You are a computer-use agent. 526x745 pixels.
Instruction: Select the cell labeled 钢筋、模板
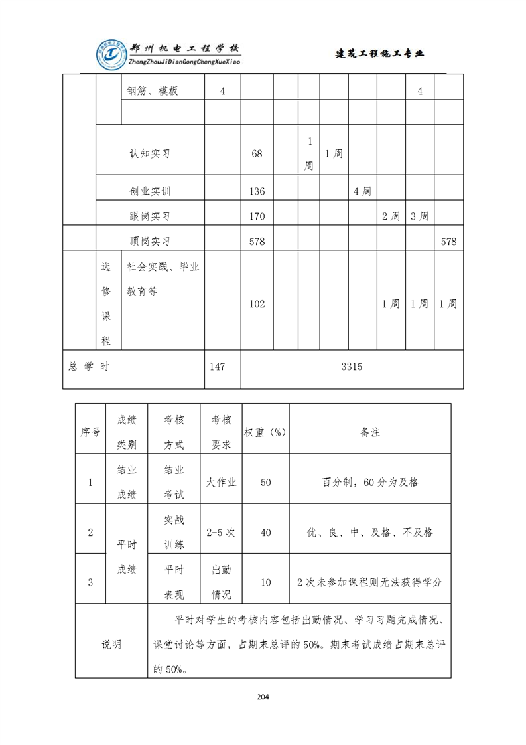[x=153, y=91]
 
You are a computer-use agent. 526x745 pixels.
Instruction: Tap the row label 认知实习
[x=150, y=153]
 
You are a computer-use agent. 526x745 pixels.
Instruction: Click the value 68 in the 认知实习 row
[x=257, y=153]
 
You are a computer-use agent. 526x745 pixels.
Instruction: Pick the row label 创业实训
[x=150, y=191]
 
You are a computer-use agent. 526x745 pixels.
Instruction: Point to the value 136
[x=257, y=191]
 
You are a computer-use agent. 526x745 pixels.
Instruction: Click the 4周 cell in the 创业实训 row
[x=362, y=191]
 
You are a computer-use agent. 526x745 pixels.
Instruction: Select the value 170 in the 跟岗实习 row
[x=257, y=216]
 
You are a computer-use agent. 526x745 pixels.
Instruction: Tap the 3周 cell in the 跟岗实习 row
[x=419, y=216]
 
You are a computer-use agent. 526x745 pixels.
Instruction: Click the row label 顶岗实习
[x=150, y=241]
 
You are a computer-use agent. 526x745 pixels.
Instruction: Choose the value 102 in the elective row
[x=257, y=303]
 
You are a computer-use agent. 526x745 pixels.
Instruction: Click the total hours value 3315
[x=352, y=366]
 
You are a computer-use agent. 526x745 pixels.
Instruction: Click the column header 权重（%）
[x=265, y=432]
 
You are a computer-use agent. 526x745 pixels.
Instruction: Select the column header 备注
[x=370, y=432]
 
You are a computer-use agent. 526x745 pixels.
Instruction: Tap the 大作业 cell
[x=222, y=482]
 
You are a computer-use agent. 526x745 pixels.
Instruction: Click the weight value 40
[x=265, y=532]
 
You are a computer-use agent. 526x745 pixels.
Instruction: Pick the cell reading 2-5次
[x=222, y=532]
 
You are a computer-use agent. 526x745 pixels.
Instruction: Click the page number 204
[x=263, y=697]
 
